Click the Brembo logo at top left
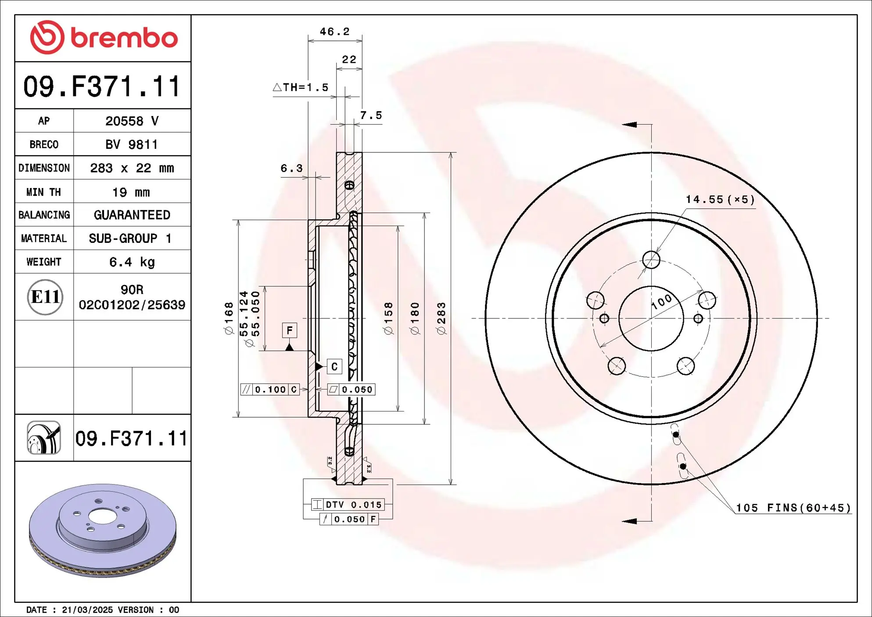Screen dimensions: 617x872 (x=104, y=38)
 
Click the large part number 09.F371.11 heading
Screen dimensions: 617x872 (x=102, y=86)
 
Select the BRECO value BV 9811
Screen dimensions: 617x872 (x=132, y=144)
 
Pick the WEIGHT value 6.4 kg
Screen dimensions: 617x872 (x=132, y=262)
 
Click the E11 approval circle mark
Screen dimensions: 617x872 (x=45, y=297)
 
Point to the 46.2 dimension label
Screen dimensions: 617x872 (x=334, y=32)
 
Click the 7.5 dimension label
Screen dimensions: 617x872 (x=371, y=115)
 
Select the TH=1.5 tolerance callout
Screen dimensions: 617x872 (x=301, y=87)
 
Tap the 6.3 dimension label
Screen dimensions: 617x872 (x=291, y=168)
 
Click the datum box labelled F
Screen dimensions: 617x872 (x=289, y=330)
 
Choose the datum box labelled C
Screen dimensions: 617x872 (x=334, y=366)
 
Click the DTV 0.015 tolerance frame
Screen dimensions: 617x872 (x=348, y=505)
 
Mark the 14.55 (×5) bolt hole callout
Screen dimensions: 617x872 (x=720, y=199)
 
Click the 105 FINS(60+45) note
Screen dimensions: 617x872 (x=793, y=508)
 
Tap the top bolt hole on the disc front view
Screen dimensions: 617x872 (x=651, y=260)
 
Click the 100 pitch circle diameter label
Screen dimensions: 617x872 (x=661, y=301)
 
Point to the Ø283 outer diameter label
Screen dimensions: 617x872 (x=441, y=318)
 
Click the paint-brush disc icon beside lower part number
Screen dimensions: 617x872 (x=44, y=438)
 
